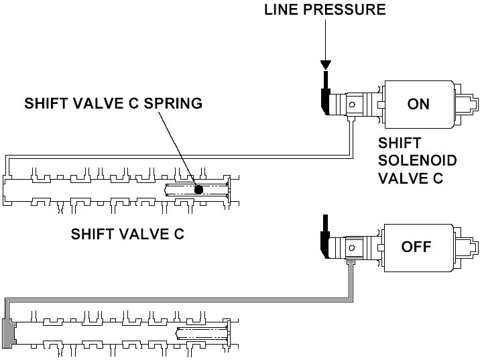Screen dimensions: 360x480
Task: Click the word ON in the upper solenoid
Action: click(x=418, y=104)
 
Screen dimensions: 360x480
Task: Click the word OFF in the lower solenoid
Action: click(x=416, y=246)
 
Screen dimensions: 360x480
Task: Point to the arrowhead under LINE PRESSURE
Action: click(x=325, y=65)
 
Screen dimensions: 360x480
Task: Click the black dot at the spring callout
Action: click(x=198, y=190)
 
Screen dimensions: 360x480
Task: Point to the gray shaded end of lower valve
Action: click(x=9, y=333)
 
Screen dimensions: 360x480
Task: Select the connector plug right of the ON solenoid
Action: click(x=470, y=105)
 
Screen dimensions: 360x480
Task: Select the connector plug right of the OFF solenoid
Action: click(x=470, y=247)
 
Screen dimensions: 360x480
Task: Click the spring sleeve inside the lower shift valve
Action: click(x=201, y=332)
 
